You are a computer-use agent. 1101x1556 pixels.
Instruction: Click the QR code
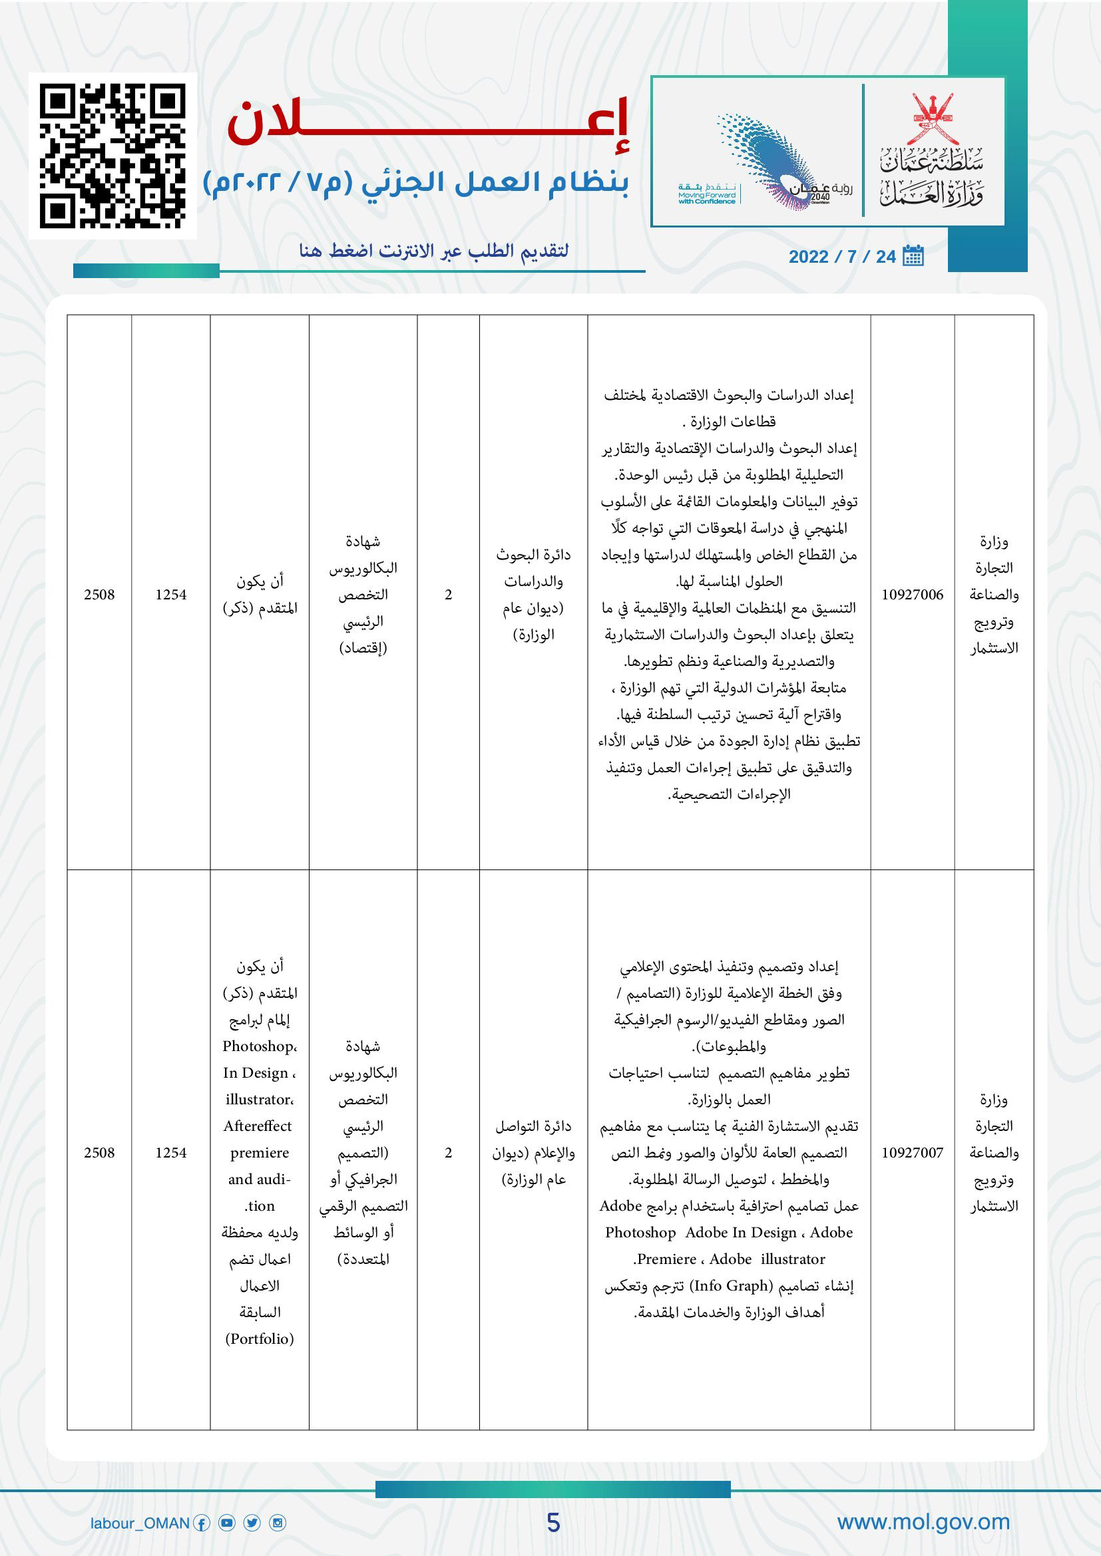(x=112, y=156)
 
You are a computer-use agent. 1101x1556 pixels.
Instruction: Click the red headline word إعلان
(x=429, y=122)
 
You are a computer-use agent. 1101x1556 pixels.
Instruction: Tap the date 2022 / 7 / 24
(x=842, y=257)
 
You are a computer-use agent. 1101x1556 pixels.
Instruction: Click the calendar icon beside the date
(x=913, y=255)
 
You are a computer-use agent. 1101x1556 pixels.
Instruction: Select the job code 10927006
(x=912, y=594)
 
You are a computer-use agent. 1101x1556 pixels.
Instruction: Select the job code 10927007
(x=912, y=1152)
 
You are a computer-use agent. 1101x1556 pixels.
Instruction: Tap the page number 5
(x=553, y=1523)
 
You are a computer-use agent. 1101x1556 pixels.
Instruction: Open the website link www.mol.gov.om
(x=923, y=1522)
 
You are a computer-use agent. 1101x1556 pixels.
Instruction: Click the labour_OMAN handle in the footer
(x=140, y=1523)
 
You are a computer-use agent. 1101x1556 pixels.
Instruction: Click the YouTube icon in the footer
(x=227, y=1523)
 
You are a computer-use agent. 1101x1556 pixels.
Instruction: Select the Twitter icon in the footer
(x=252, y=1523)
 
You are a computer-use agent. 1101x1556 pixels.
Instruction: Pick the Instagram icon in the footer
(x=278, y=1523)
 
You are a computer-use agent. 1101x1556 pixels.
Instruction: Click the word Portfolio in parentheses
(x=260, y=1338)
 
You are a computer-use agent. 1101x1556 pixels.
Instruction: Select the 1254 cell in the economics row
(x=171, y=594)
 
